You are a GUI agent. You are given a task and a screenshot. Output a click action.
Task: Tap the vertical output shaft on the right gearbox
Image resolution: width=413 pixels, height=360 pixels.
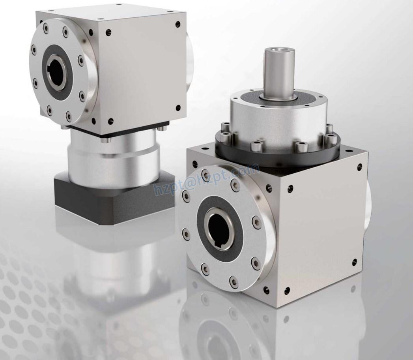279,73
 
